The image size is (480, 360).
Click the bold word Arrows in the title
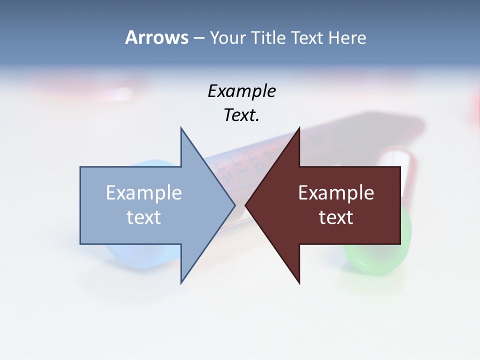[156, 37]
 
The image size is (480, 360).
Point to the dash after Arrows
[198, 38]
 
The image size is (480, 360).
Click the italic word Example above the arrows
[241, 91]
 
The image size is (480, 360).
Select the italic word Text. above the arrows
[241, 115]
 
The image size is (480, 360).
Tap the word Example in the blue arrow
[144, 193]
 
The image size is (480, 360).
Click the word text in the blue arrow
[144, 217]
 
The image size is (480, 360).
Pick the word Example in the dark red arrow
[336, 193]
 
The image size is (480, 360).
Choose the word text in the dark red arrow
[336, 217]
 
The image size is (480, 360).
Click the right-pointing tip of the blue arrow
[234, 205]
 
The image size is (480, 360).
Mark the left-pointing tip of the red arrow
[246, 205]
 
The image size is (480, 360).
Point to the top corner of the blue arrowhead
[181, 128]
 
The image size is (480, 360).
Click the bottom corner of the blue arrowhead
[181, 282]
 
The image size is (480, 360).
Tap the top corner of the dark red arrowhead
[299, 128]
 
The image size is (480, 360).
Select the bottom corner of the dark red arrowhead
[299, 282]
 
